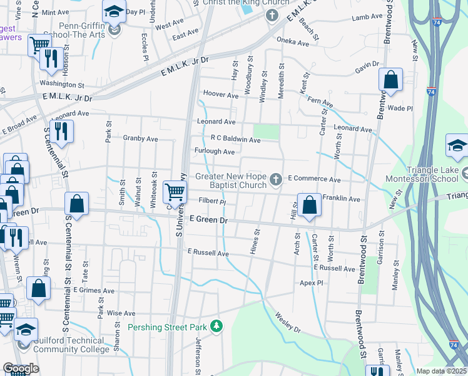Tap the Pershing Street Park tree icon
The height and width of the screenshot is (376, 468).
(x=216, y=326)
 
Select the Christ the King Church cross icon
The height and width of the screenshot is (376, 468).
(x=272, y=15)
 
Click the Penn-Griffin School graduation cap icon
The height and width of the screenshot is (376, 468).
(x=114, y=13)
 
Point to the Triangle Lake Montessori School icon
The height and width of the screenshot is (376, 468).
(x=457, y=147)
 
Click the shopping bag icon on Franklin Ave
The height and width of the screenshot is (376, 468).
(x=310, y=204)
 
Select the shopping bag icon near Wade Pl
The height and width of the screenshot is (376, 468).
(x=390, y=80)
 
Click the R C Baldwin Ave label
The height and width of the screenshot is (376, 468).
(x=235, y=138)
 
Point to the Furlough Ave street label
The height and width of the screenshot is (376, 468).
(x=215, y=152)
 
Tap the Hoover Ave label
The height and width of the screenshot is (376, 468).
(x=221, y=96)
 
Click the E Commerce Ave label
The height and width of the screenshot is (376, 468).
(x=314, y=180)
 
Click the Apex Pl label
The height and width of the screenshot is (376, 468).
(x=310, y=283)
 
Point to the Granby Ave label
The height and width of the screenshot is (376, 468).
(x=140, y=138)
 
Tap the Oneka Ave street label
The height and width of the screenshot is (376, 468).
(x=293, y=43)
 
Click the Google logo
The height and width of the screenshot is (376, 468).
(x=21, y=368)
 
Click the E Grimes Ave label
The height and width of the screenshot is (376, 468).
(x=94, y=291)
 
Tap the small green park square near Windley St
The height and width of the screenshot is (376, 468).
(x=267, y=132)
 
